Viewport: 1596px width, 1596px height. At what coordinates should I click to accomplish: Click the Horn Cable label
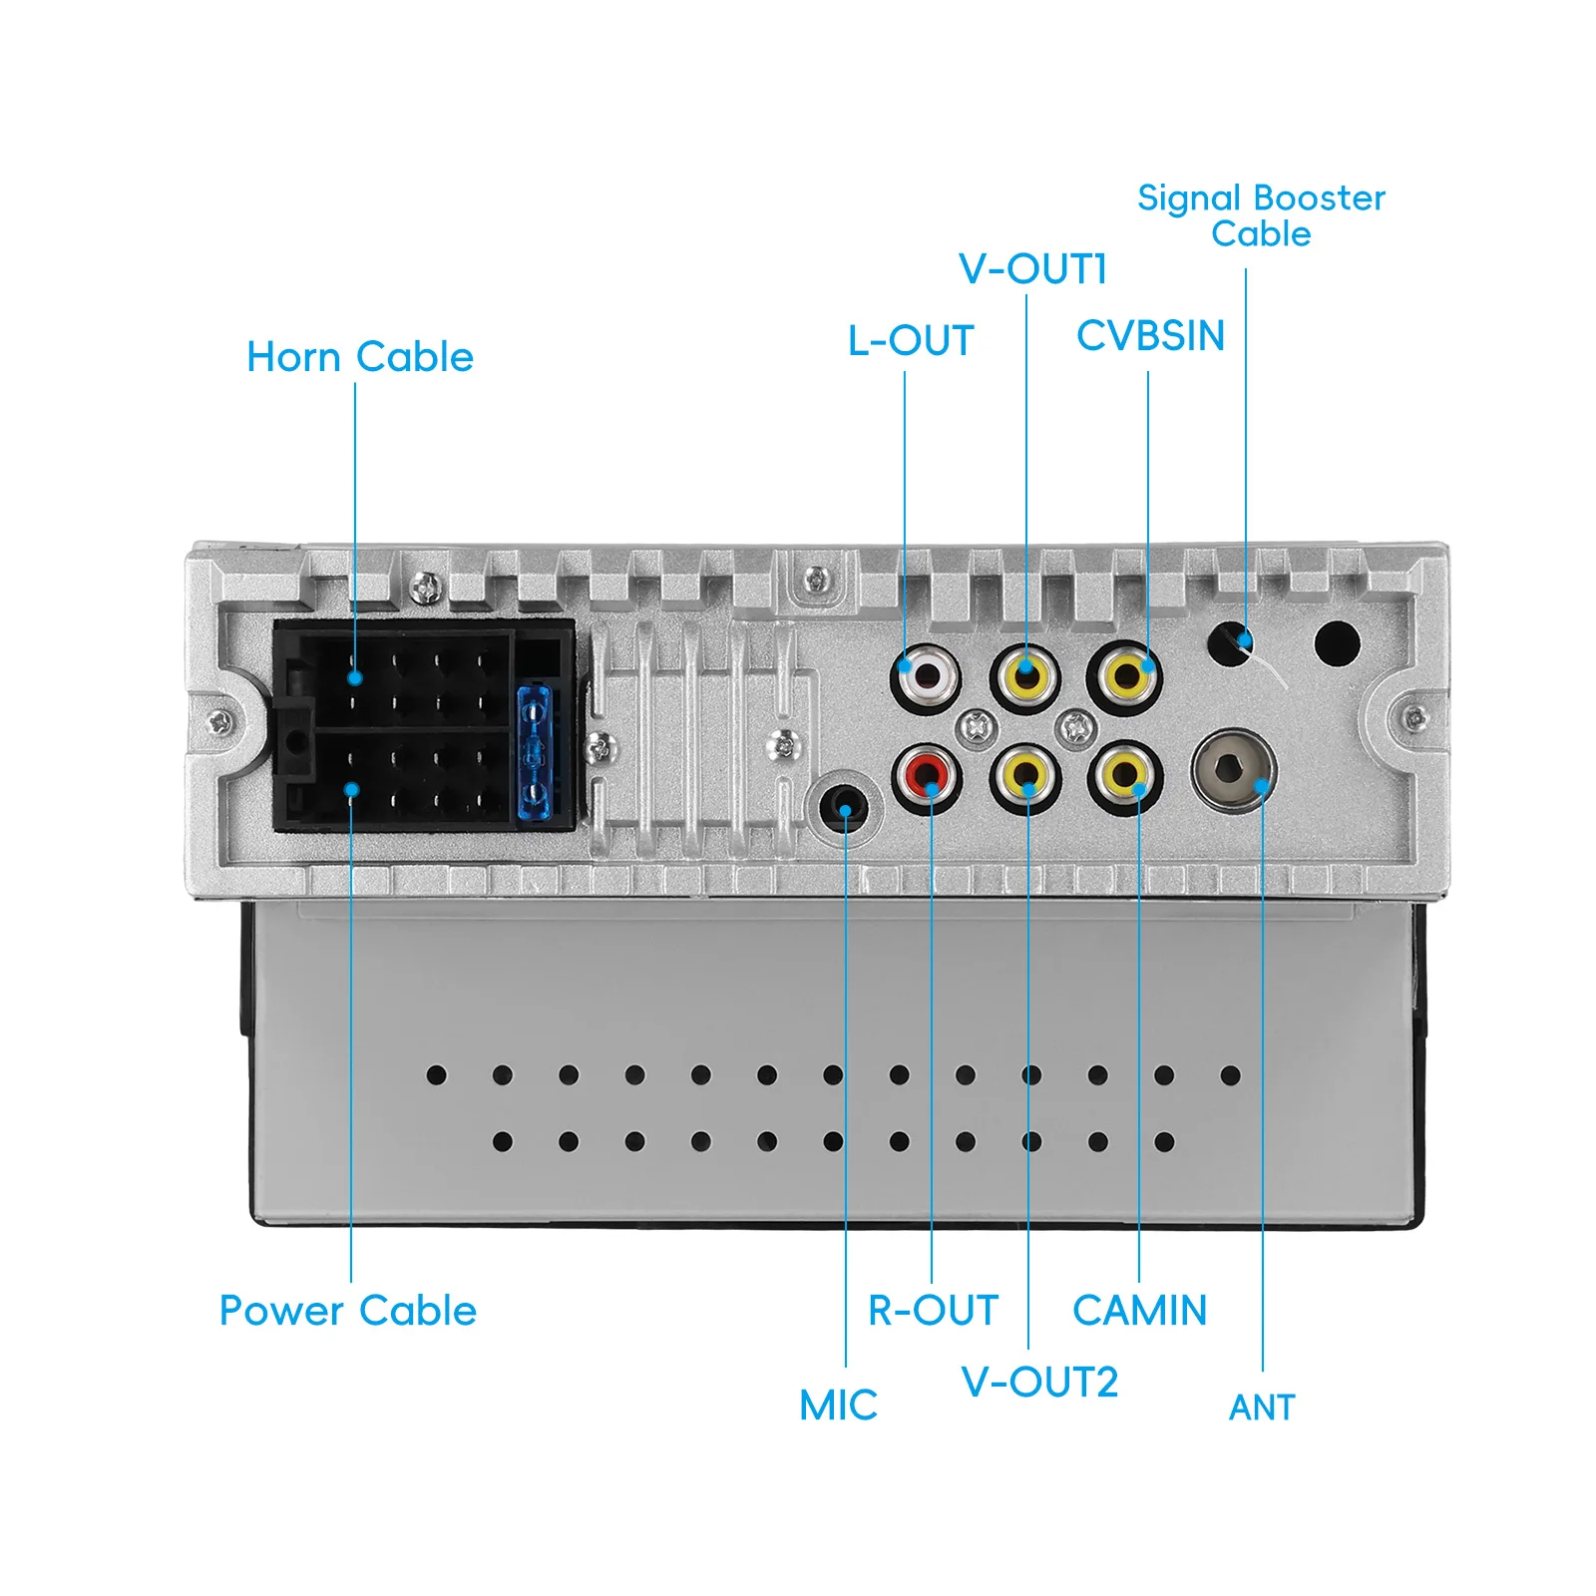tap(360, 357)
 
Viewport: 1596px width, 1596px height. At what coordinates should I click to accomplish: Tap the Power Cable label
tap(348, 1311)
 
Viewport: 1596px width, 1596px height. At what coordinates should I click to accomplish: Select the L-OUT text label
tap(911, 341)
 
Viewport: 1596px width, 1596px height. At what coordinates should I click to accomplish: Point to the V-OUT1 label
tap(1032, 269)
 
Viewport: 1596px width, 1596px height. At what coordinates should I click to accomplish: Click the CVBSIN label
tap(1151, 336)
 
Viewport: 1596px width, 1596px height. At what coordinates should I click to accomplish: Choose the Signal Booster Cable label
tap(1262, 215)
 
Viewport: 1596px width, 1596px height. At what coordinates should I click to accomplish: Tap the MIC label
tap(839, 1405)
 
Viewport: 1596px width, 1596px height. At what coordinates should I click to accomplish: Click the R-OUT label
tap(934, 1311)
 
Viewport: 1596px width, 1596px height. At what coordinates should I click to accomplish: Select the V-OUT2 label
tap(1039, 1383)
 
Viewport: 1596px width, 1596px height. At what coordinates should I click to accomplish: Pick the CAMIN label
tap(1140, 1311)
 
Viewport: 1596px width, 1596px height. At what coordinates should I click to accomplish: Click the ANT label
tap(1262, 1407)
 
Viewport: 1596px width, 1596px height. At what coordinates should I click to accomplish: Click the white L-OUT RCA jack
tap(927, 676)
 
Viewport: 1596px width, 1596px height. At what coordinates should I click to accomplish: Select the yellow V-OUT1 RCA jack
tap(1026, 676)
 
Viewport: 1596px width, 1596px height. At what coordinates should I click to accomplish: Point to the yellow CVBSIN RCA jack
tap(1124, 676)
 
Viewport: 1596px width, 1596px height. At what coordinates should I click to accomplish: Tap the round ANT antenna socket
tap(1233, 769)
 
